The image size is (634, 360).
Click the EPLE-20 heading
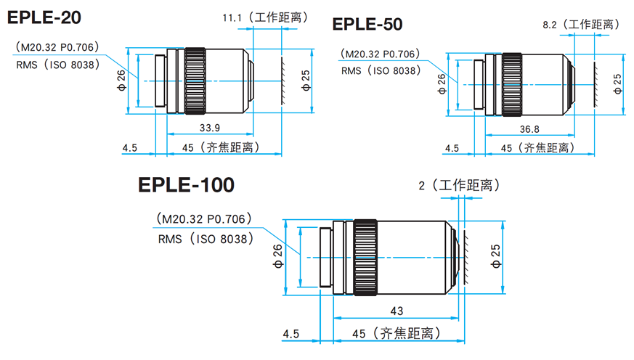pyautogui.click(x=44, y=16)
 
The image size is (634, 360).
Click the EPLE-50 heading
pyautogui.click(x=367, y=25)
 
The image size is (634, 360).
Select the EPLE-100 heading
pyautogui.click(x=187, y=185)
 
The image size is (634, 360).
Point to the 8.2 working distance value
pyautogui.click(x=549, y=25)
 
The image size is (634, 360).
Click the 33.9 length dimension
pyautogui.click(x=211, y=128)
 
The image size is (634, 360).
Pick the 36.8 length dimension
pyautogui.click(x=529, y=130)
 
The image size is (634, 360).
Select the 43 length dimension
pyautogui.click(x=397, y=311)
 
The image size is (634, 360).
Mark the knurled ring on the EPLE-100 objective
pyautogui.click(x=365, y=257)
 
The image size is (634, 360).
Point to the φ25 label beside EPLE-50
pyautogui.click(x=617, y=83)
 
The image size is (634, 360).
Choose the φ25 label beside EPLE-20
pyautogui.click(x=305, y=81)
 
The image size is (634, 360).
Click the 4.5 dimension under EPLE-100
pyautogui.click(x=290, y=334)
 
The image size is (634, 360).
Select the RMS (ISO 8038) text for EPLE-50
pyautogui.click(x=380, y=70)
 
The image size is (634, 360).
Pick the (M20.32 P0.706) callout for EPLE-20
pyautogui.click(x=56, y=47)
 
